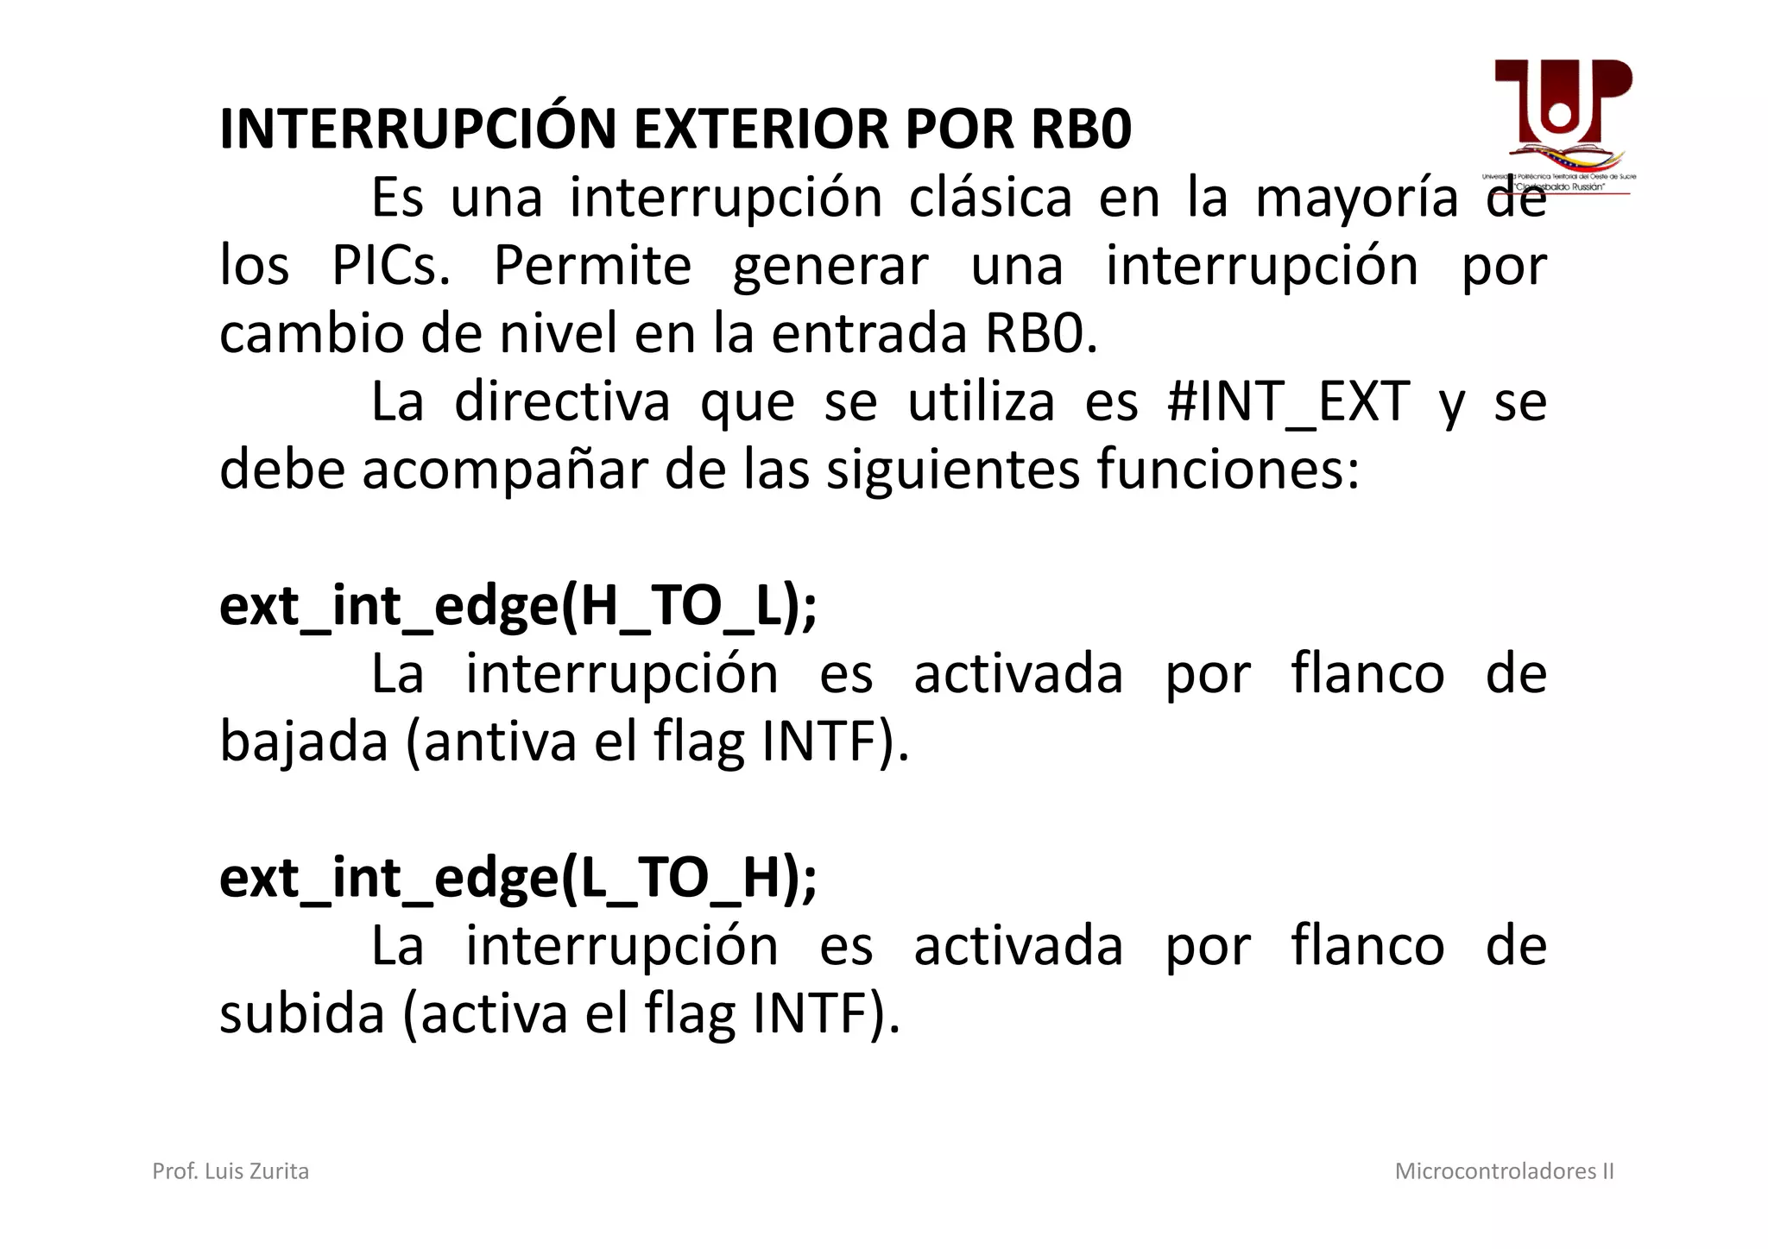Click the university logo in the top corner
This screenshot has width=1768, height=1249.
[1561, 125]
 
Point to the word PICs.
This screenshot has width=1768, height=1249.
[391, 266]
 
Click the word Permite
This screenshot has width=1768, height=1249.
[592, 266]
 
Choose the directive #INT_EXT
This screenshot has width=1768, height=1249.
[1288, 402]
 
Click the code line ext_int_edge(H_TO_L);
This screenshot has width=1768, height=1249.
[518, 607]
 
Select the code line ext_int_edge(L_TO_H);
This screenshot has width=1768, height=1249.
[518, 878]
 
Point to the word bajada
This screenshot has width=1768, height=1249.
[304, 742]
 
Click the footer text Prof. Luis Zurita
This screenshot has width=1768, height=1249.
[230, 1171]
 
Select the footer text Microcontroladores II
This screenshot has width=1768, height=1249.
[1504, 1171]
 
